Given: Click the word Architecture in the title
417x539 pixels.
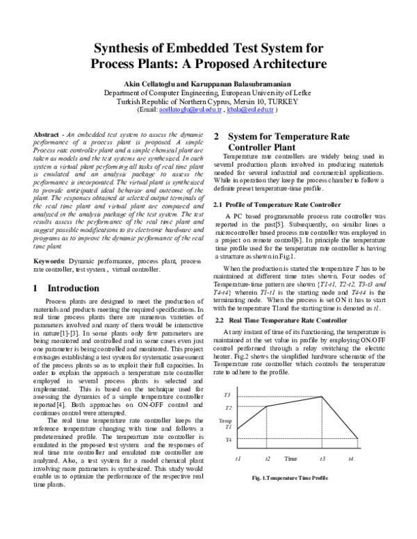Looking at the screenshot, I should [x=285, y=65].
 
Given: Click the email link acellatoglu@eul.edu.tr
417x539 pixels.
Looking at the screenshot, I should [x=190, y=110].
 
